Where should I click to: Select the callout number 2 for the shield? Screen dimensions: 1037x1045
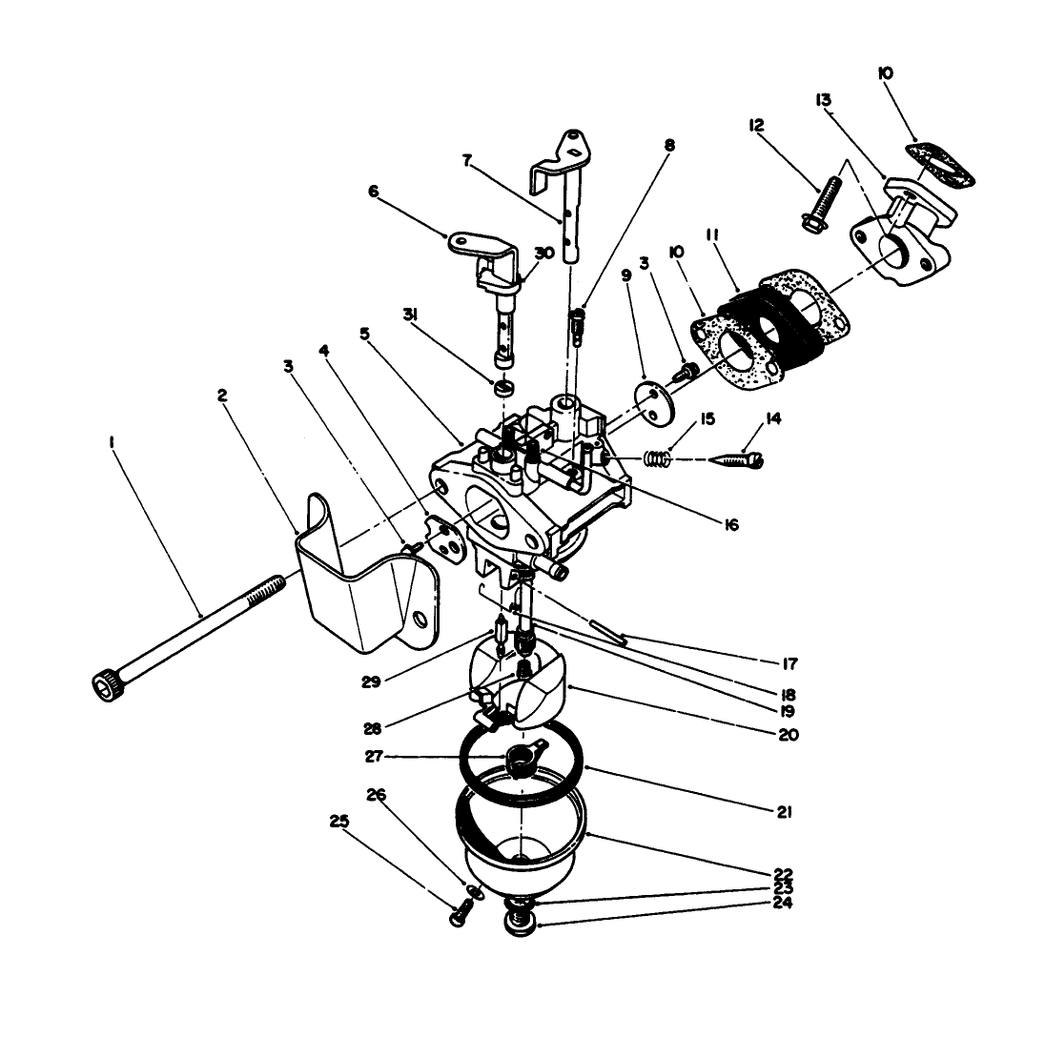(x=222, y=394)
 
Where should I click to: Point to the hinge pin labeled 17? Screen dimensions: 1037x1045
(x=606, y=633)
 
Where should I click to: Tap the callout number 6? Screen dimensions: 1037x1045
(x=373, y=192)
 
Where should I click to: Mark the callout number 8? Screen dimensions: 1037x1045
(x=668, y=146)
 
